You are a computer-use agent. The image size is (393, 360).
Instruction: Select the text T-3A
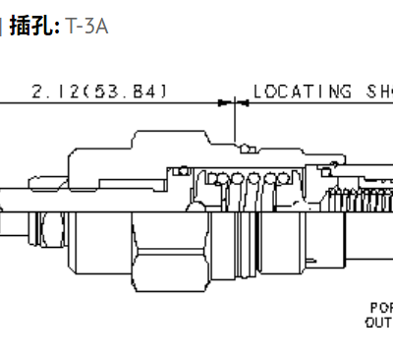[86, 27]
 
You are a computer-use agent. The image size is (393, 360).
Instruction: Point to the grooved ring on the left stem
[39, 231]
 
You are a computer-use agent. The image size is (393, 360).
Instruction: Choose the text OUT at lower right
[379, 321]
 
